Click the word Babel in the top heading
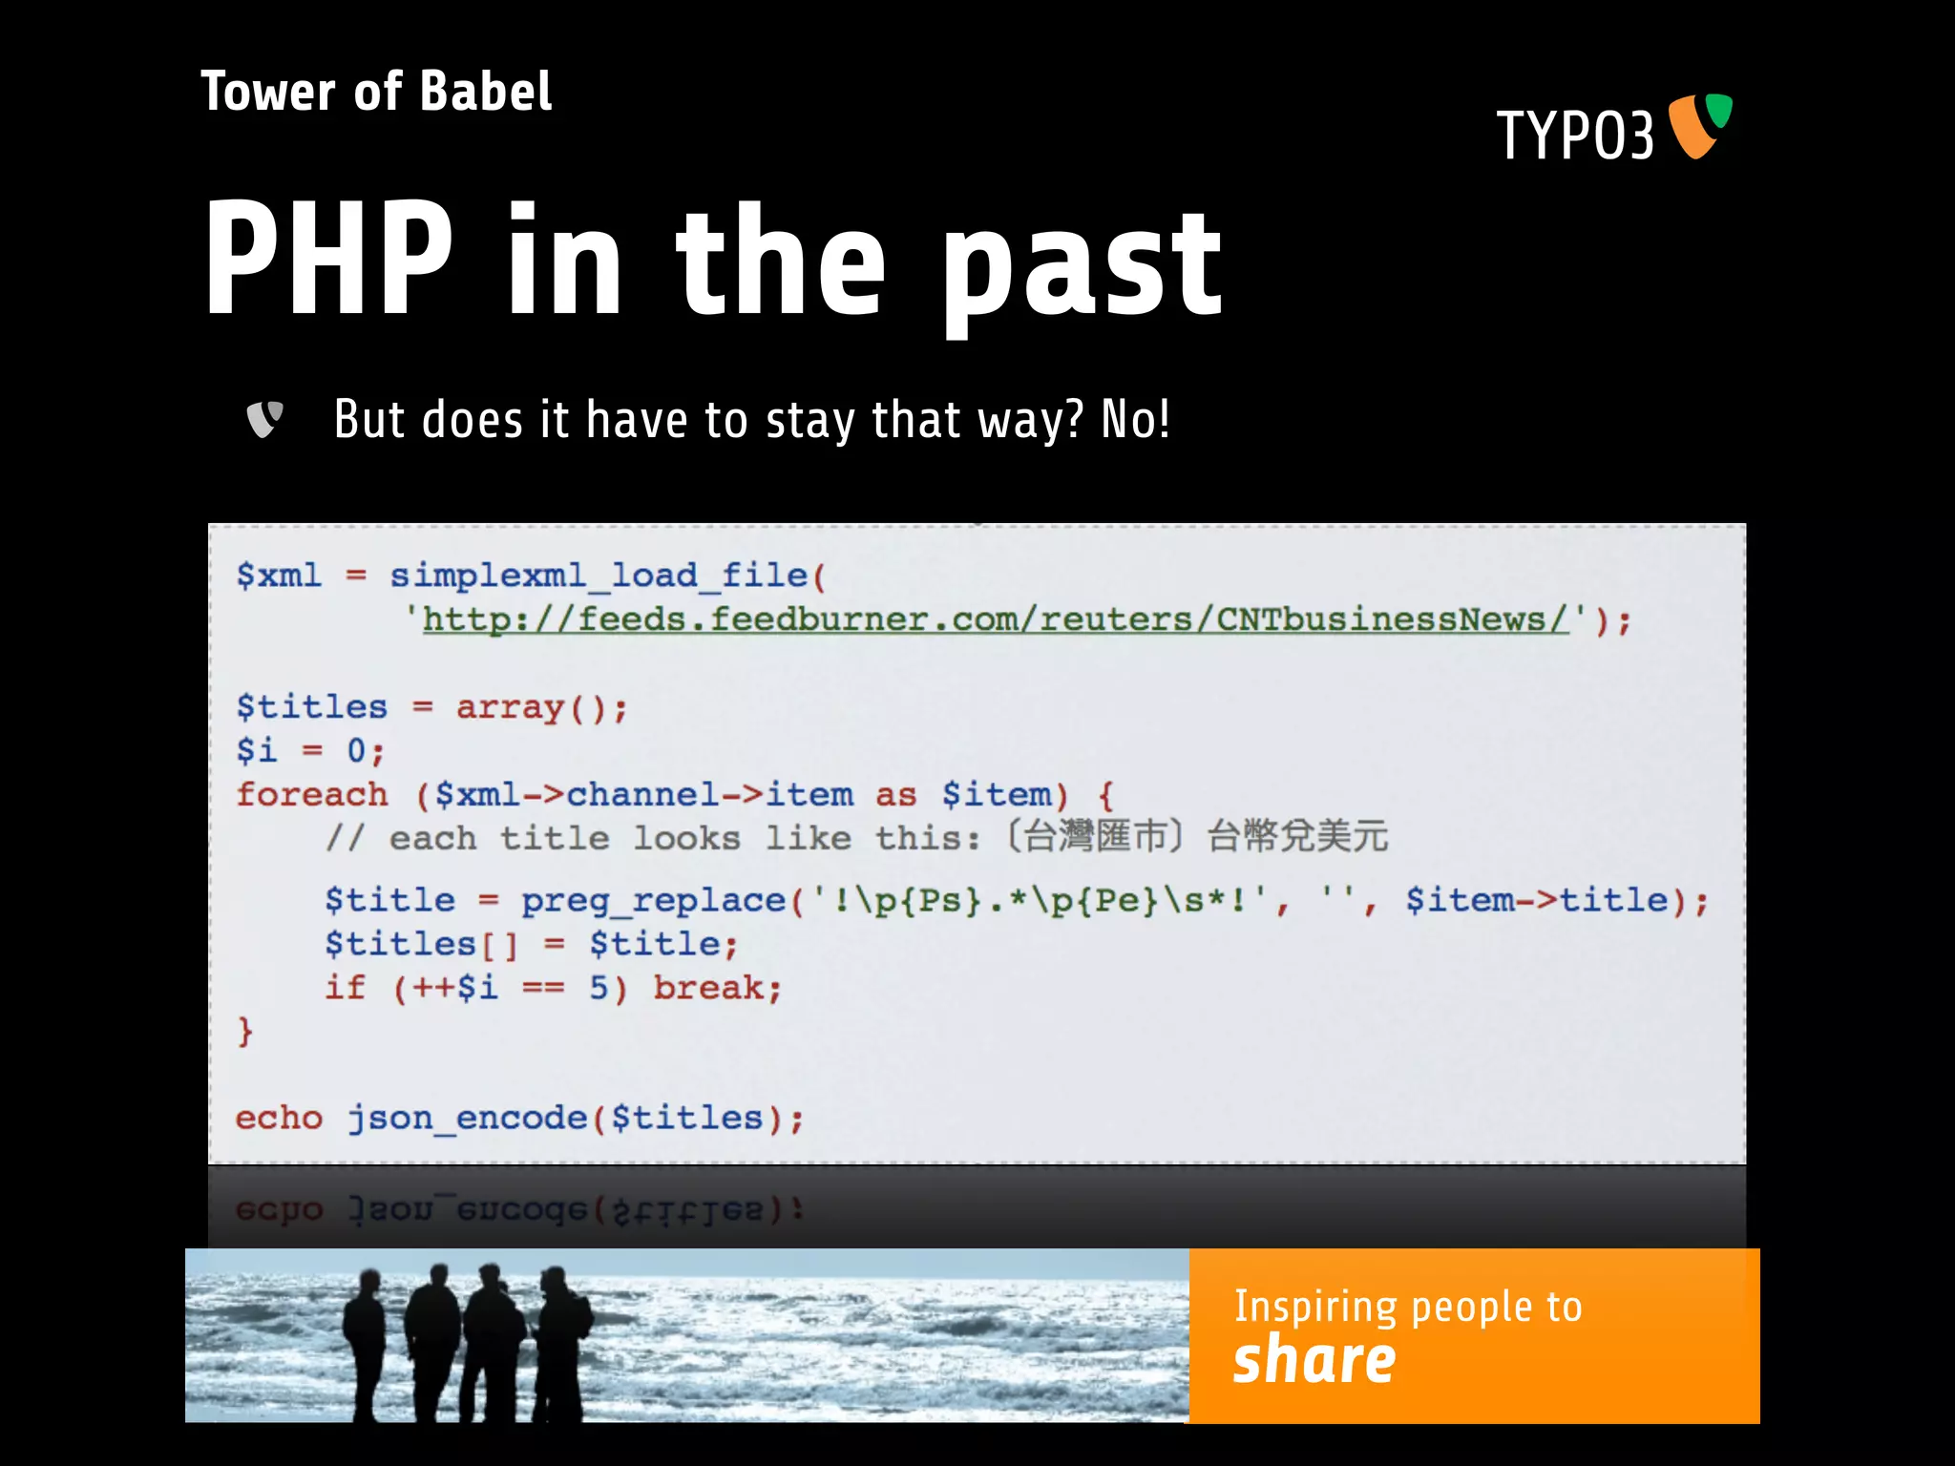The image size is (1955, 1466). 485,93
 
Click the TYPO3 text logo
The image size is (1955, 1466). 1574,136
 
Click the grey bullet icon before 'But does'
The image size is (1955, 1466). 264,419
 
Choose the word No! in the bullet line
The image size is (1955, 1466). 1135,419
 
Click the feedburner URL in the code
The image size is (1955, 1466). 995,619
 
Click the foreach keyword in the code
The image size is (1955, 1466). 312,794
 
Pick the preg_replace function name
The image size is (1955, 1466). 653,900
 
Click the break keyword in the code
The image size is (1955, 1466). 716,988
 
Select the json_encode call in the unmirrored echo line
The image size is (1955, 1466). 555,1118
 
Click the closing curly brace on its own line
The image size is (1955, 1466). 245,1032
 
